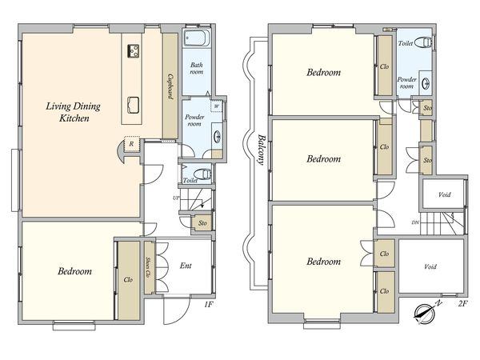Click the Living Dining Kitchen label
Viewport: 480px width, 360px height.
74,112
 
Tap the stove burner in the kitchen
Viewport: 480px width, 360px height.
134,51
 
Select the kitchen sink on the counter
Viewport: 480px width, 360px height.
133,105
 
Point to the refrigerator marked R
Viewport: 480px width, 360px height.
132,144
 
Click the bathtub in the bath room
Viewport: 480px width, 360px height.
197,38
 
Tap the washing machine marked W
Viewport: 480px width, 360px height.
217,106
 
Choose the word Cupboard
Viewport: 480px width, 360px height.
170,86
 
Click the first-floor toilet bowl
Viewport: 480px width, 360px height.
202,174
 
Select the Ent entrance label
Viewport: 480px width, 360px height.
186,266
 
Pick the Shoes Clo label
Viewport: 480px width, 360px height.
149,267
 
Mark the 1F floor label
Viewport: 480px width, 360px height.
208,304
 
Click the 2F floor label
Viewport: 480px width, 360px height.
462,304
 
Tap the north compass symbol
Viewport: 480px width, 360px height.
426,313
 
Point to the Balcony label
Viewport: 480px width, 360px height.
261,150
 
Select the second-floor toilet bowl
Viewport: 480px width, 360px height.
426,42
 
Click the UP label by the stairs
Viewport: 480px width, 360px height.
176,198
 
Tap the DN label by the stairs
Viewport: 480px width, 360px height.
415,223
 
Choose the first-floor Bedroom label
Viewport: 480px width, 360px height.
74,271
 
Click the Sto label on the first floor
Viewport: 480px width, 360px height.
202,223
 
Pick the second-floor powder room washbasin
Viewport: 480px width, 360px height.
426,83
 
